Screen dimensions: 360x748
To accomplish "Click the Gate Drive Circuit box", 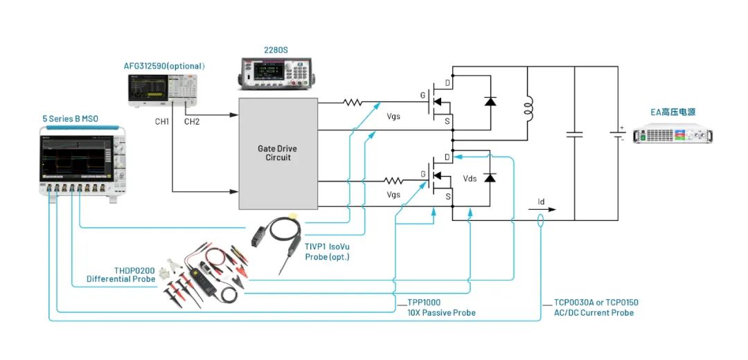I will pos(278,153).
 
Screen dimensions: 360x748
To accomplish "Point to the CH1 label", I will pos(161,122).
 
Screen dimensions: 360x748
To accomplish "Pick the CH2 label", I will pos(191,122).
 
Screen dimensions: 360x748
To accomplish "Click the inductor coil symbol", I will pos(528,107).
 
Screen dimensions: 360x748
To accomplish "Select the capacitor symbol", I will pos(574,134).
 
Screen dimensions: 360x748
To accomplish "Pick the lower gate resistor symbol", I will pos(395,181).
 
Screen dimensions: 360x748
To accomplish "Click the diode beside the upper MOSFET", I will pos(490,102).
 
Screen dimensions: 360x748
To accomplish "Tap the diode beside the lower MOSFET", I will pos(490,178).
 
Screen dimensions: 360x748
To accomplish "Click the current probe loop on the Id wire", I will pos(540,221).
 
